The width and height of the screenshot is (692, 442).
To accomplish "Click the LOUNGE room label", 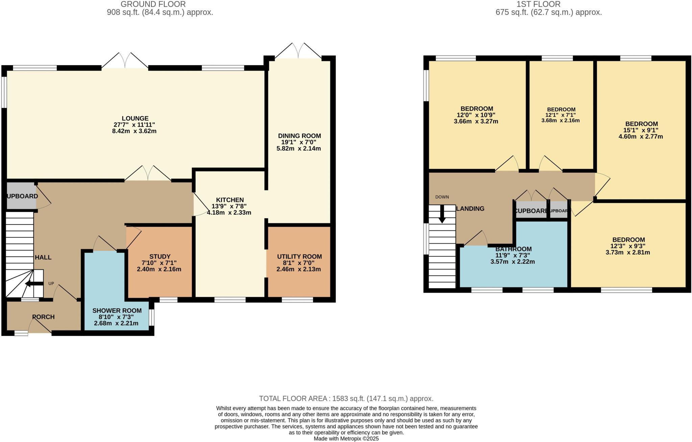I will click(135, 118).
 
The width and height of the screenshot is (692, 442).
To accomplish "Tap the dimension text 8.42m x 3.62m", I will click(134, 131).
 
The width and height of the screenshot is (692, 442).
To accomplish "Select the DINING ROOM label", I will click(299, 136).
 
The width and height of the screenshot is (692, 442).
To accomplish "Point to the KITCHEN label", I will click(230, 200).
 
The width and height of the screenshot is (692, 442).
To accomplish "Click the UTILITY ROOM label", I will click(299, 256).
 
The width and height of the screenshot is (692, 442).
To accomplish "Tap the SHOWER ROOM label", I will click(117, 311).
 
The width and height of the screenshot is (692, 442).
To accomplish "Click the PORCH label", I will click(43, 317).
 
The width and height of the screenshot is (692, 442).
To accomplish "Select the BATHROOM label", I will click(513, 249).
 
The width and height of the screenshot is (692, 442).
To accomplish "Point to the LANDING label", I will click(470, 209).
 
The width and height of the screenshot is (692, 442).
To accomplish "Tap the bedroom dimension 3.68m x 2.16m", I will click(561, 120).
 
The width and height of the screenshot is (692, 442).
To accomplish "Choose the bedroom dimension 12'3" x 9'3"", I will click(628, 246).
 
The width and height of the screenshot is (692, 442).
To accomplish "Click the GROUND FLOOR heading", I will click(153, 4).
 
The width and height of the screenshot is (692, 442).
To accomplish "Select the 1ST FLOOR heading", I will click(548, 4).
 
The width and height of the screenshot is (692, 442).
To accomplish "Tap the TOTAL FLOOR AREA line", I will click(346, 398).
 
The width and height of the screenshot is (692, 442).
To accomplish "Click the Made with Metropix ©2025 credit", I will click(346, 439).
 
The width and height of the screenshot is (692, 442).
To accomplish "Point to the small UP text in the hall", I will click(51, 284).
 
